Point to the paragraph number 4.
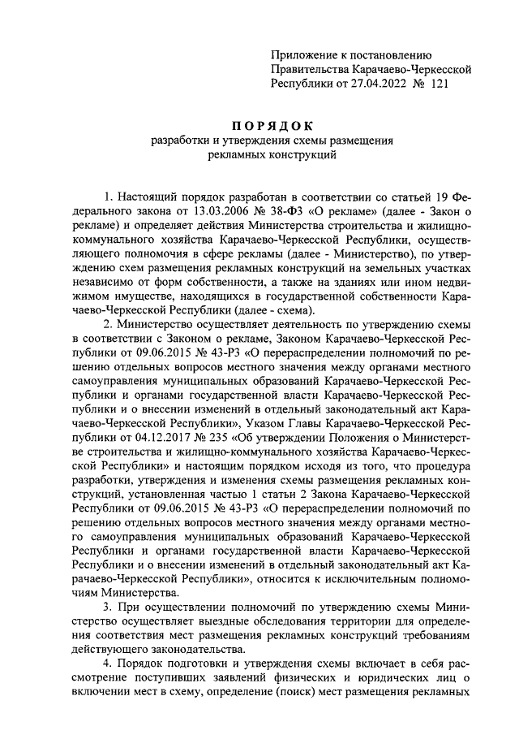point(107,665)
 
